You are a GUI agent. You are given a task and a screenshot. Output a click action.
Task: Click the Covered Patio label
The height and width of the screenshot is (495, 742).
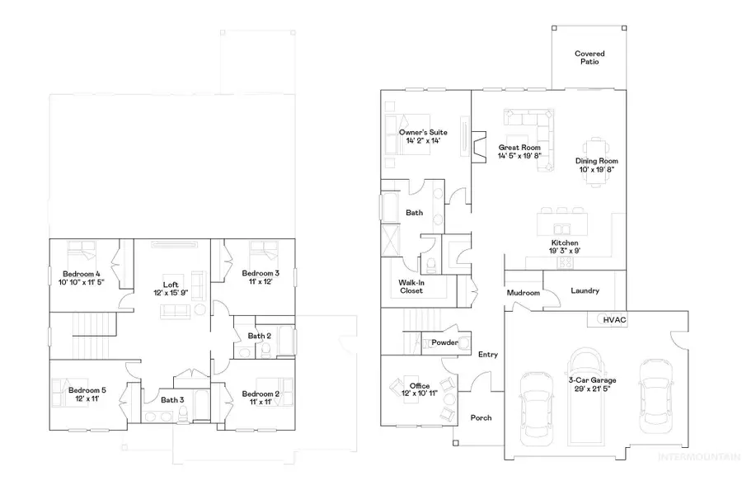(589, 58)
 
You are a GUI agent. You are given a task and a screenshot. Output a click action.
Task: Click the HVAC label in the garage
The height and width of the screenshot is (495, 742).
(615, 319)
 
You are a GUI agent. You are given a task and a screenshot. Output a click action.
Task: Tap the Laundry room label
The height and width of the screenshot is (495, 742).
(585, 291)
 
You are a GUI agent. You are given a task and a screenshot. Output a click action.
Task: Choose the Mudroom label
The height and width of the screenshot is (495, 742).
(524, 293)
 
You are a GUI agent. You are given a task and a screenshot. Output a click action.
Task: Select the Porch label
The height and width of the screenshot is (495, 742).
(481, 417)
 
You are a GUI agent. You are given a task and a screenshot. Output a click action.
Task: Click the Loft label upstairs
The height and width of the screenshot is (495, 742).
(171, 285)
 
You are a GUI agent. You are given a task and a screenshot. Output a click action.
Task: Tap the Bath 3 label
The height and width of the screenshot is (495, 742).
(172, 400)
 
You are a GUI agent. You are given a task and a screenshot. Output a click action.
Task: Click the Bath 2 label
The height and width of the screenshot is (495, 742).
(259, 336)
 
